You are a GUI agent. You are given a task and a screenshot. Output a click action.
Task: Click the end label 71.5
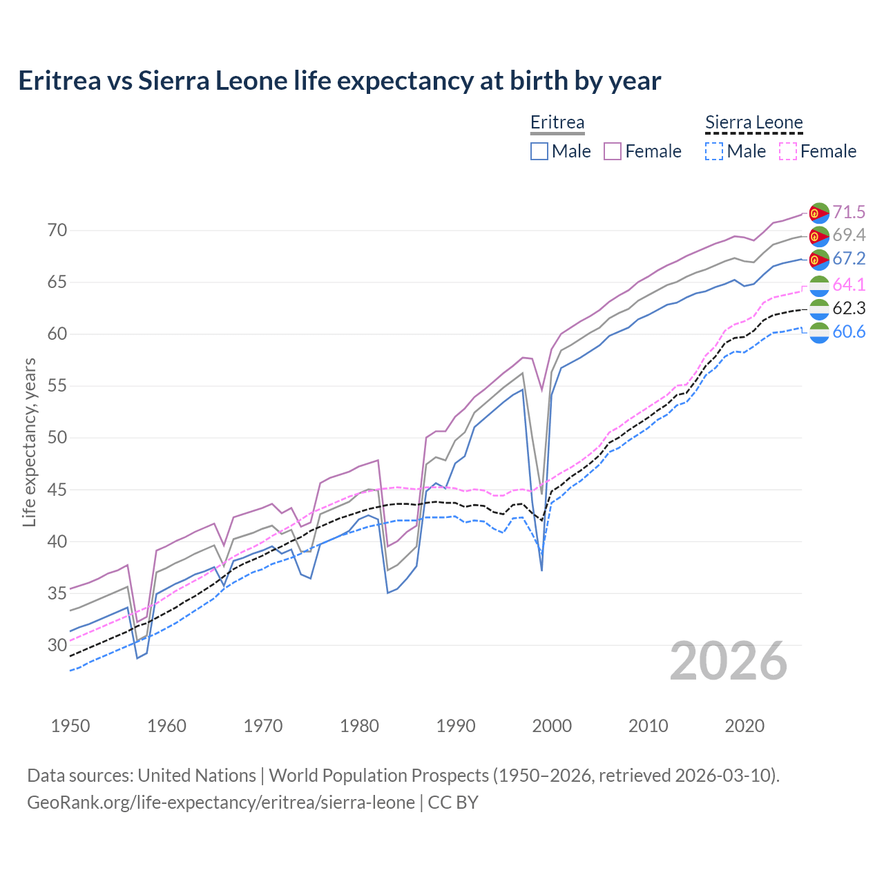849,212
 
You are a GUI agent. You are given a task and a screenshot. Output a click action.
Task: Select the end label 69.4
849,236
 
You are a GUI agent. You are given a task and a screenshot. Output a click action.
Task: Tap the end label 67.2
849,259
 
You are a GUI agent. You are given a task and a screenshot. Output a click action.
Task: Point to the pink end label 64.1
849,285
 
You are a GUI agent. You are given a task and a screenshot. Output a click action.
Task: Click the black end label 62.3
849,308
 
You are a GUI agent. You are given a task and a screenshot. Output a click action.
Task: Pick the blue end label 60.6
849,332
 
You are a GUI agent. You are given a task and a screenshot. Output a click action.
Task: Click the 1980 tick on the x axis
360,726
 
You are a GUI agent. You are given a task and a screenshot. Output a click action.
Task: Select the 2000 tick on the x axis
552,726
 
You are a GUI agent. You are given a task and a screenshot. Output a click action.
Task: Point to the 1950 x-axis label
70,726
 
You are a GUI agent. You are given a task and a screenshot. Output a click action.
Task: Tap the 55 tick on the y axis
57,386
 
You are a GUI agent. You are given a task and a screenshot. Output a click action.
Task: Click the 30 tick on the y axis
57,645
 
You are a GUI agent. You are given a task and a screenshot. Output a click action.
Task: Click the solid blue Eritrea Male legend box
539,151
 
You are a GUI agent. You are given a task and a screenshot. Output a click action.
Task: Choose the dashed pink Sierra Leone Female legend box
788,151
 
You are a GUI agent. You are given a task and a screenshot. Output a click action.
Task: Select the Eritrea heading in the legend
557,123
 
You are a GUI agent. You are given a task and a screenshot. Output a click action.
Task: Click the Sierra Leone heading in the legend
754,123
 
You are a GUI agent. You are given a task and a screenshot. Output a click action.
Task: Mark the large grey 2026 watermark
729,662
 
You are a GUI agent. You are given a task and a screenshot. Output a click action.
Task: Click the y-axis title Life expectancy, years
30,442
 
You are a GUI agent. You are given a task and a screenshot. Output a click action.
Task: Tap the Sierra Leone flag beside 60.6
819,332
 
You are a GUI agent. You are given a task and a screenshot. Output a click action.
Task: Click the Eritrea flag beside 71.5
819,213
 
